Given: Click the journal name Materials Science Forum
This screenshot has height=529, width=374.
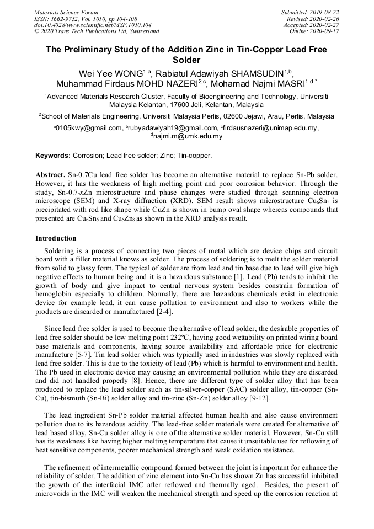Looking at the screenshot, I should tap(66, 12).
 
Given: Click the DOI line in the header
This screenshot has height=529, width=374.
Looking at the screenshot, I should tap(92, 25).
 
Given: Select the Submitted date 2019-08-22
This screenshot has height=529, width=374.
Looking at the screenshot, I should tap(325, 12).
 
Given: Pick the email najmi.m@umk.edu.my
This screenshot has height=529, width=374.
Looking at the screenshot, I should tap(188, 136).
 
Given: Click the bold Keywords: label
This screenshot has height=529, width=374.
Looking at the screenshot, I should tap(53, 156).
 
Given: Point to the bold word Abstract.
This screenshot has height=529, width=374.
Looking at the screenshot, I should tap(50, 174).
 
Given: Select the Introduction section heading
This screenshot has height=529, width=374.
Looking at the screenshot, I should tap(56, 238).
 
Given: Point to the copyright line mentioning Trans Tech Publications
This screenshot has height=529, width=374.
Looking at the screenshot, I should tap(97, 31).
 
